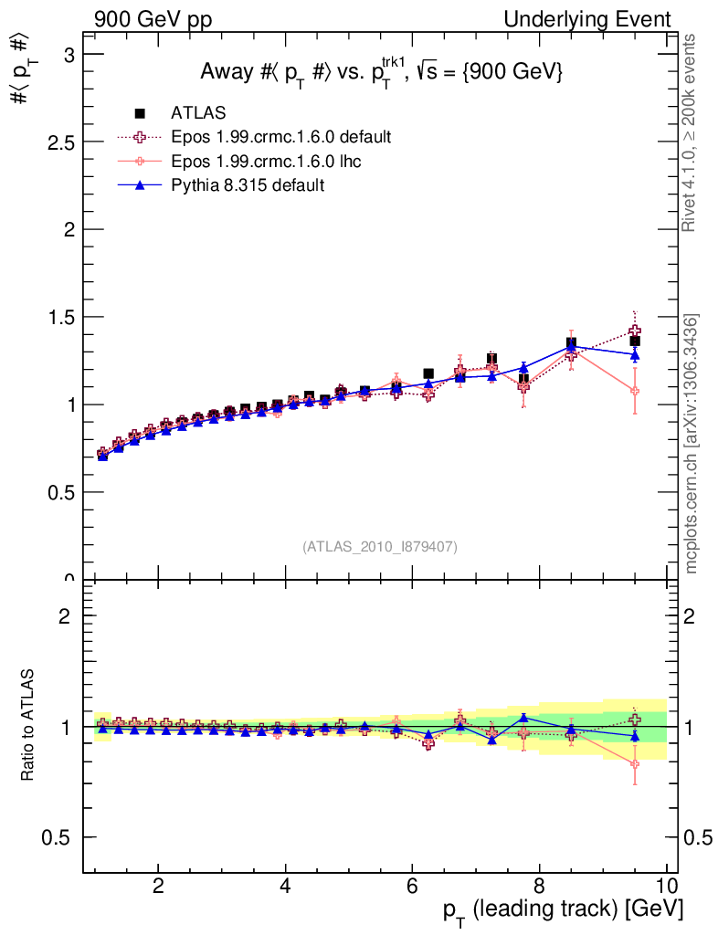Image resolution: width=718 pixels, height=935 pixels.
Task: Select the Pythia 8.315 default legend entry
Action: coord(247,185)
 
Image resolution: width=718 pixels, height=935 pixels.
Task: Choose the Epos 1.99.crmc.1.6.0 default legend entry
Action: coord(281,137)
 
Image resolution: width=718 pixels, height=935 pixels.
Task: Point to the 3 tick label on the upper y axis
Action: coord(68,55)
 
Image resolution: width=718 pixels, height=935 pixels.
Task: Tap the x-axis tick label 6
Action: coord(412,886)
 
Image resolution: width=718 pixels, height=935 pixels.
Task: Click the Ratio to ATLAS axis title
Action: coord(28,727)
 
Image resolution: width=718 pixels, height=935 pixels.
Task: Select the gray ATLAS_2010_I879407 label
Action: coord(380,547)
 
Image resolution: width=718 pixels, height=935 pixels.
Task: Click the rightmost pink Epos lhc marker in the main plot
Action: coord(635,391)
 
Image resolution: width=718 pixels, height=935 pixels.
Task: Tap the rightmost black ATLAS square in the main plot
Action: coord(635,341)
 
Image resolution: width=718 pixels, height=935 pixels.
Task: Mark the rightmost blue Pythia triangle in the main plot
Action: coord(635,355)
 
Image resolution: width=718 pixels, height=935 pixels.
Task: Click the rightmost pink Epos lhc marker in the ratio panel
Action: coord(635,764)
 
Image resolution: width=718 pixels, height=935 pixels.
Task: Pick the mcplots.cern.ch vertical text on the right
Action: coord(692,444)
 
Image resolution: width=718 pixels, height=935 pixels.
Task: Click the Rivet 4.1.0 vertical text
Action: coord(690,132)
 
